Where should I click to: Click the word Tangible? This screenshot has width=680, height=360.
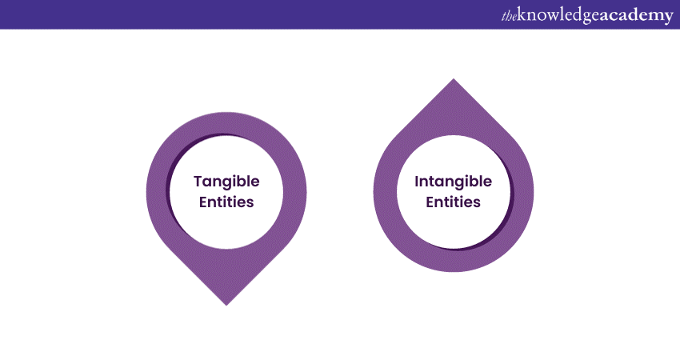(x=226, y=182)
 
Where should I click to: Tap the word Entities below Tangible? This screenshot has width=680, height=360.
(x=226, y=202)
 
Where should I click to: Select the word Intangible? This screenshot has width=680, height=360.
(x=453, y=182)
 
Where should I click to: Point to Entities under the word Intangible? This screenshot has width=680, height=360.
(x=453, y=202)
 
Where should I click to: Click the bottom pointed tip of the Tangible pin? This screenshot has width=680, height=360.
(x=226, y=304)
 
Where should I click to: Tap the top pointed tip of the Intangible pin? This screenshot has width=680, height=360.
(x=454, y=79)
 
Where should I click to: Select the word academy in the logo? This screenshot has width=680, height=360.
(x=634, y=16)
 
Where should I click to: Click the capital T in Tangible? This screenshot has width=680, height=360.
(x=197, y=182)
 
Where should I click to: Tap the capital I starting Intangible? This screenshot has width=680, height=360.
(x=417, y=182)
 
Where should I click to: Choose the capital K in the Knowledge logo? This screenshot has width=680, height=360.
(x=523, y=15)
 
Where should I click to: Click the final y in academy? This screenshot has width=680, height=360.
(x=669, y=18)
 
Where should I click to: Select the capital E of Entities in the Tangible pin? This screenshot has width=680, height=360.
(x=203, y=202)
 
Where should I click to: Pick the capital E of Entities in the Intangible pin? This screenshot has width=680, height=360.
(x=430, y=202)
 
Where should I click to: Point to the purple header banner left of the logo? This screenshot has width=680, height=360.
(x=240, y=14)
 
